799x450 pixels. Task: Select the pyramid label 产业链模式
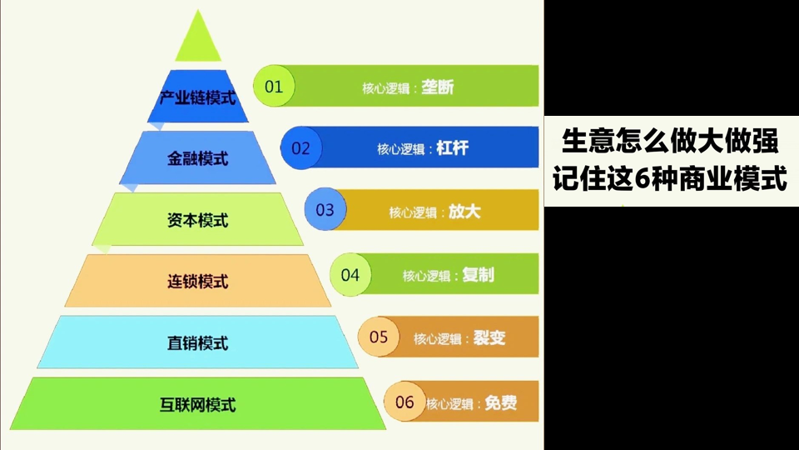pyautogui.click(x=198, y=97)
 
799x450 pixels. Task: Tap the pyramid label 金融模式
pyautogui.click(x=198, y=158)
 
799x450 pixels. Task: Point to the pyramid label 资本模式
pyautogui.click(x=198, y=220)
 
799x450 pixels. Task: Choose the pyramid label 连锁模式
pyautogui.click(x=198, y=282)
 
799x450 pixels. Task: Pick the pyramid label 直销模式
pyautogui.click(x=198, y=343)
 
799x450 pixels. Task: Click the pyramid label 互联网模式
pyautogui.click(x=198, y=405)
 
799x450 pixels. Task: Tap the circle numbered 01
pyautogui.click(x=274, y=86)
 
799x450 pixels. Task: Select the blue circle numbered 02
pyautogui.click(x=301, y=148)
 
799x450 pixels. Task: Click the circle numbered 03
pyautogui.click(x=325, y=209)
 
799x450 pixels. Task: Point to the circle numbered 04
pyautogui.click(x=350, y=274)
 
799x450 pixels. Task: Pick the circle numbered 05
pyautogui.click(x=379, y=337)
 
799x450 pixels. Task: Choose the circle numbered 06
pyautogui.click(x=404, y=402)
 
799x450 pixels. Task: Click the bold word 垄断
pyautogui.click(x=438, y=87)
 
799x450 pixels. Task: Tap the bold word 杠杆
pyautogui.click(x=453, y=148)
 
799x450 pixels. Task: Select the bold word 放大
pyautogui.click(x=464, y=212)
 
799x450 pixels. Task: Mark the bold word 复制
pyautogui.click(x=478, y=275)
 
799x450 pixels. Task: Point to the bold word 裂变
pyautogui.click(x=489, y=337)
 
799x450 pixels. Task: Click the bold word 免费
pyautogui.click(x=501, y=403)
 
